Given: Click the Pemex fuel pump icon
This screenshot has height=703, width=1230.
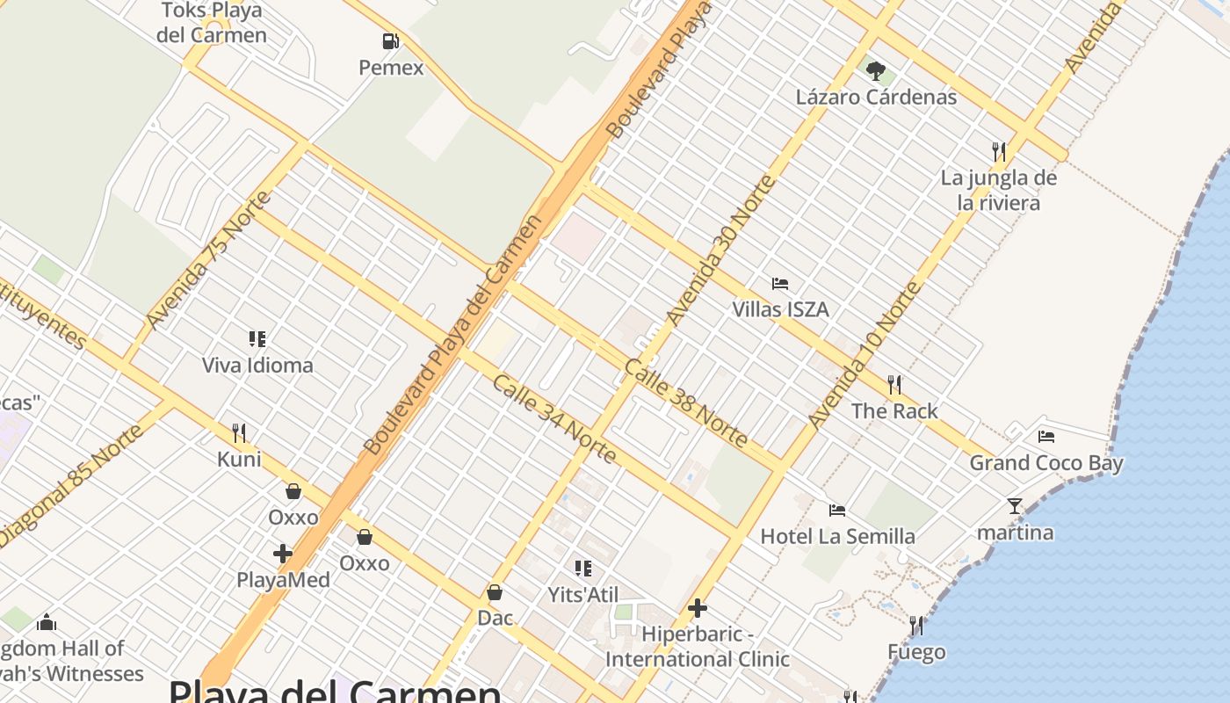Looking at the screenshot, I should [x=390, y=40].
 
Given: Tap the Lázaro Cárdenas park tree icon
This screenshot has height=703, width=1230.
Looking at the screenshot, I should [x=875, y=70].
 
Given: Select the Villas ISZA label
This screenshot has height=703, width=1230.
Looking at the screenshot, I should [x=780, y=309].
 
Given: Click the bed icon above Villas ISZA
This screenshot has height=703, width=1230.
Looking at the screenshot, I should [x=780, y=284].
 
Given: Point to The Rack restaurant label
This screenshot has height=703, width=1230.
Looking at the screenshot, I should [x=894, y=410].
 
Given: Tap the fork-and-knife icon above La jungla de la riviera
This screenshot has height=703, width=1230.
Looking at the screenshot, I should [x=999, y=151].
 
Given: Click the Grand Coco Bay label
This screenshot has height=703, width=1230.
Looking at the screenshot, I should [x=1045, y=462].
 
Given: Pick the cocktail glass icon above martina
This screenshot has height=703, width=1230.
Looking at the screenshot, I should [x=1015, y=506].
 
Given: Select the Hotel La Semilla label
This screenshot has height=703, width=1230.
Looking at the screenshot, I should [x=836, y=536].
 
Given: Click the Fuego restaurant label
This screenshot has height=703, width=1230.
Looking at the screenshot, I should [x=916, y=652].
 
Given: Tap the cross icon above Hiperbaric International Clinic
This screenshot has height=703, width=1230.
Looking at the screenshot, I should [x=698, y=607].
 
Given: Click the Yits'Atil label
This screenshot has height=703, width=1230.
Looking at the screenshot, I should [x=583, y=594].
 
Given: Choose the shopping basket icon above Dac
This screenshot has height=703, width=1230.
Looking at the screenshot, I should [x=495, y=592].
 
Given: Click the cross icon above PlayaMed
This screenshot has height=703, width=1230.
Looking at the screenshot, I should [x=283, y=554].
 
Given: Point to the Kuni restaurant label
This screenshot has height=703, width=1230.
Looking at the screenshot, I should [x=239, y=459].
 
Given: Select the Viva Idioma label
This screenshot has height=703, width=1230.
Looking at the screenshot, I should [x=257, y=365].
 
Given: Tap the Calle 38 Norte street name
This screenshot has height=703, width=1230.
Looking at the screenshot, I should [x=685, y=403].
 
